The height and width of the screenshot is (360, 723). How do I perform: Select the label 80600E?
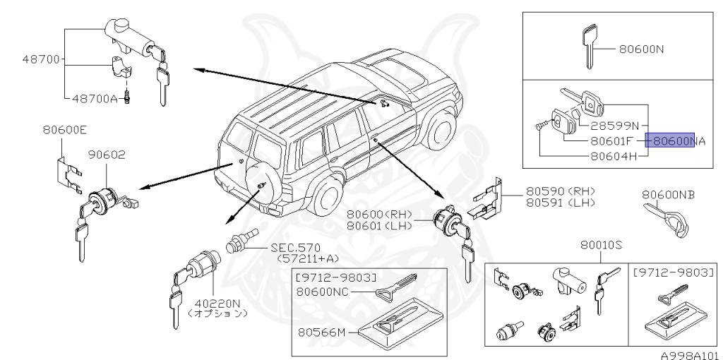tap(64, 129)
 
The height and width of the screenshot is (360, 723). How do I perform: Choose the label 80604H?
tap(615, 155)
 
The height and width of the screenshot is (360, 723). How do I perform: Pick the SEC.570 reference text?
tap(296, 248)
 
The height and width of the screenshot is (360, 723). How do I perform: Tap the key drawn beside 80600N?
tap(588, 47)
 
